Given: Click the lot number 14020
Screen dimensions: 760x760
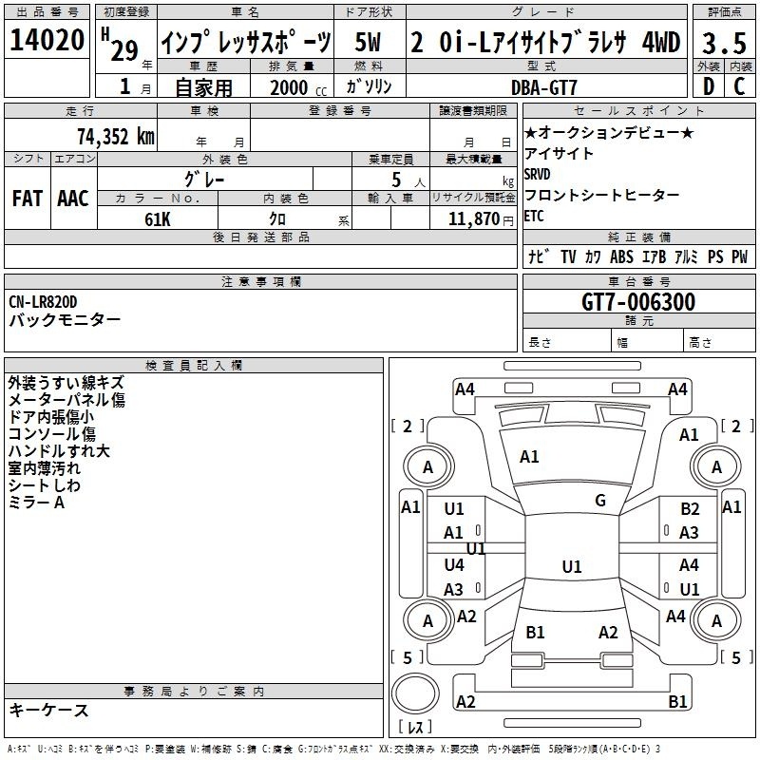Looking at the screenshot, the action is coord(47,40).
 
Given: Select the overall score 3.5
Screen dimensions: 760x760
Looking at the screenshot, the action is coord(724,43).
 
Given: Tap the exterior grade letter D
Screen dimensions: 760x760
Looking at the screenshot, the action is coord(709,86).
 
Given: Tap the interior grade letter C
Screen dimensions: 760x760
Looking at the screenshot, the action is coord(739,86).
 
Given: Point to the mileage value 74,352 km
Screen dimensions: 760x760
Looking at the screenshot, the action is coord(116,137).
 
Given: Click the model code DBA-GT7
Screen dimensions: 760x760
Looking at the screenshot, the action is coord(544,87).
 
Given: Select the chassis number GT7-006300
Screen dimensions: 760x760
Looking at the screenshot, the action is coord(638,301).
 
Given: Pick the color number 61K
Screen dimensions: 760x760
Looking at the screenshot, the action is coord(158,219).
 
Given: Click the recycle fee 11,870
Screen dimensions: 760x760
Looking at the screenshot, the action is coord(474,219).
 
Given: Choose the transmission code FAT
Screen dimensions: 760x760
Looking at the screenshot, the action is coord(28,199).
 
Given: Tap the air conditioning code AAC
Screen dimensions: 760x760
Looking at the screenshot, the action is coord(73,199).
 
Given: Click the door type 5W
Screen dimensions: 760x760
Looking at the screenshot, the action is coord(368,42).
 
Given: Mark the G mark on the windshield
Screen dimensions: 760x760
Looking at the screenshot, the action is coord(600,501).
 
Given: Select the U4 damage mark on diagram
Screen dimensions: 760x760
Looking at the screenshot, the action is coord(454,564).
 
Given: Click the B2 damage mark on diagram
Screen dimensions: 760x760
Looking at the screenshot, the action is coord(690,508).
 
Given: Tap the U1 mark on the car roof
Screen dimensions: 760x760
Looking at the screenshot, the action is coord(572,566).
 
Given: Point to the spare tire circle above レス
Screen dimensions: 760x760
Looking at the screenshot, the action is coord(415,693).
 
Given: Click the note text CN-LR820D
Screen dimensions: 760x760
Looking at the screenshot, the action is coord(43,302).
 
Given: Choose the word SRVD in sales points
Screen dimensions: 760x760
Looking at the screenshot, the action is coord(537,174).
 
